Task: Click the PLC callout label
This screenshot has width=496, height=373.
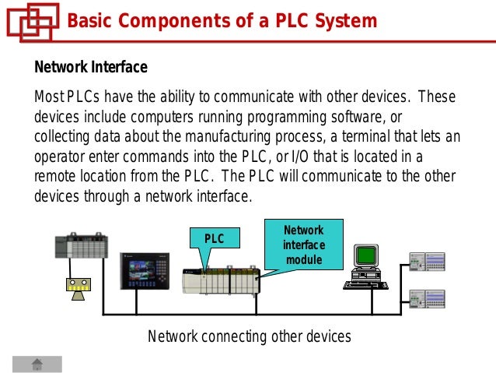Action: coord(215,239)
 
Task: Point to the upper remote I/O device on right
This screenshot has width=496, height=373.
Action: coord(427,262)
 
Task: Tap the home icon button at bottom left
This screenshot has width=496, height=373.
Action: coord(37,364)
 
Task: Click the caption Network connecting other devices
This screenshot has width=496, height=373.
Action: coord(249,336)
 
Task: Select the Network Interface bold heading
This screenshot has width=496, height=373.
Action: coord(90,68)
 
